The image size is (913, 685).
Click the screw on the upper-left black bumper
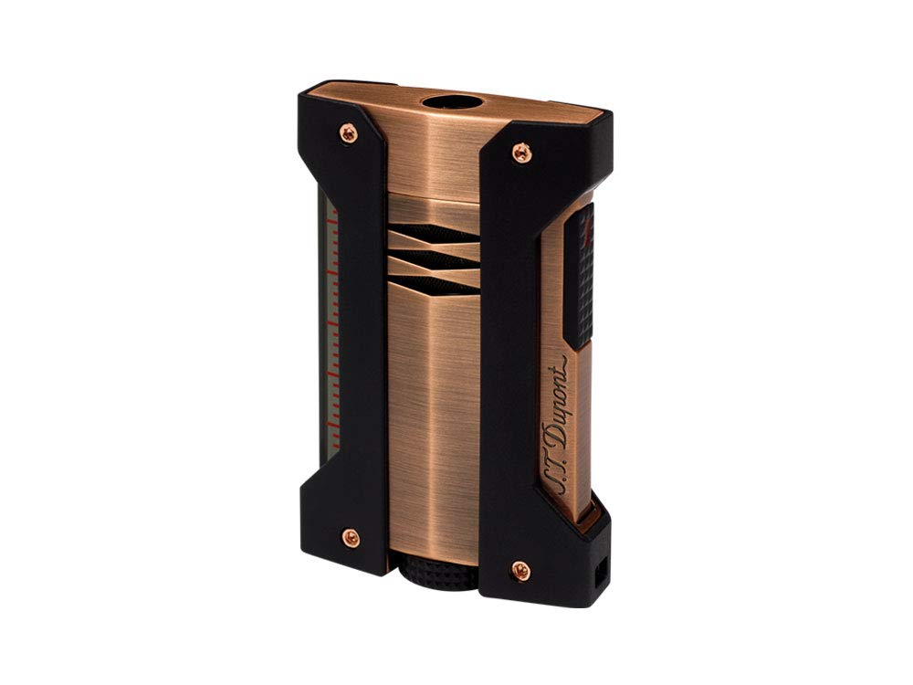[x=348, y=133]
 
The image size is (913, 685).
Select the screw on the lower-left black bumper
[x=349, y=538]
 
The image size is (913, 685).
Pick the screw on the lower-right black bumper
[x=521, y=572]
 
